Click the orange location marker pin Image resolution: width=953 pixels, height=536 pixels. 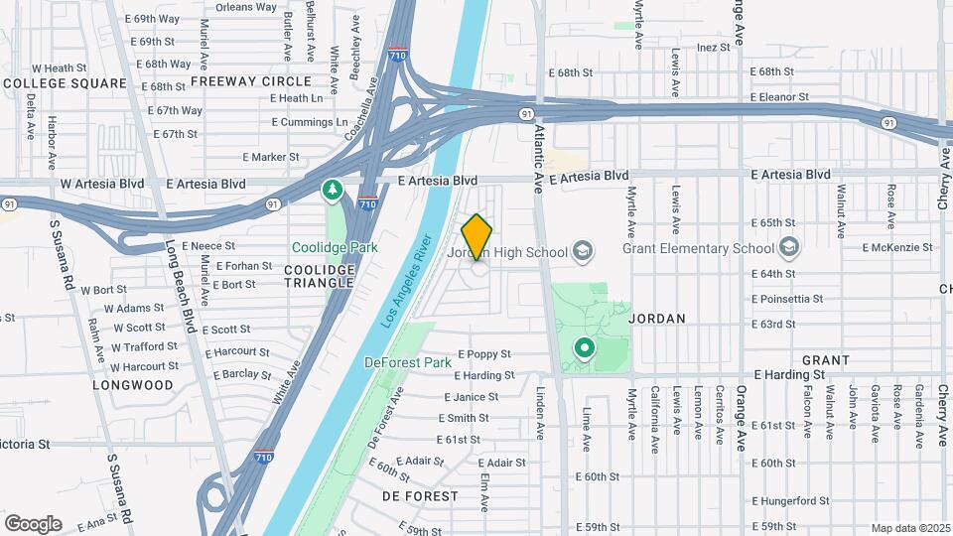tap(477, 237)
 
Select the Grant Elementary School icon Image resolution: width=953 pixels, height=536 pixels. tap(789, 246)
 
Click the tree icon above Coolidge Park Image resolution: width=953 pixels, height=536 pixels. tap(333, 189)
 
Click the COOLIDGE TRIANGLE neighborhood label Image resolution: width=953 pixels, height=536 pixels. tap(320, 275)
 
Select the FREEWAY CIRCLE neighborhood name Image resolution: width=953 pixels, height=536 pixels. tap(237, 80)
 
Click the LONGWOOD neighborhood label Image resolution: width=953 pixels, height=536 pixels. tap(133, 384)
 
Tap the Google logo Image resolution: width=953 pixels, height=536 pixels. tap(33, 523)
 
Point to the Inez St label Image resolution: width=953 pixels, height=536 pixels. tap(714, 47)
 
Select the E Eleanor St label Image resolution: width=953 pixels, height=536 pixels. tap(779, 97)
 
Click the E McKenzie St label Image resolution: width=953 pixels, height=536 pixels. tap(899, 247)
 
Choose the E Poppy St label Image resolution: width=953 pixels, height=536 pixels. tap(483, 353)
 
